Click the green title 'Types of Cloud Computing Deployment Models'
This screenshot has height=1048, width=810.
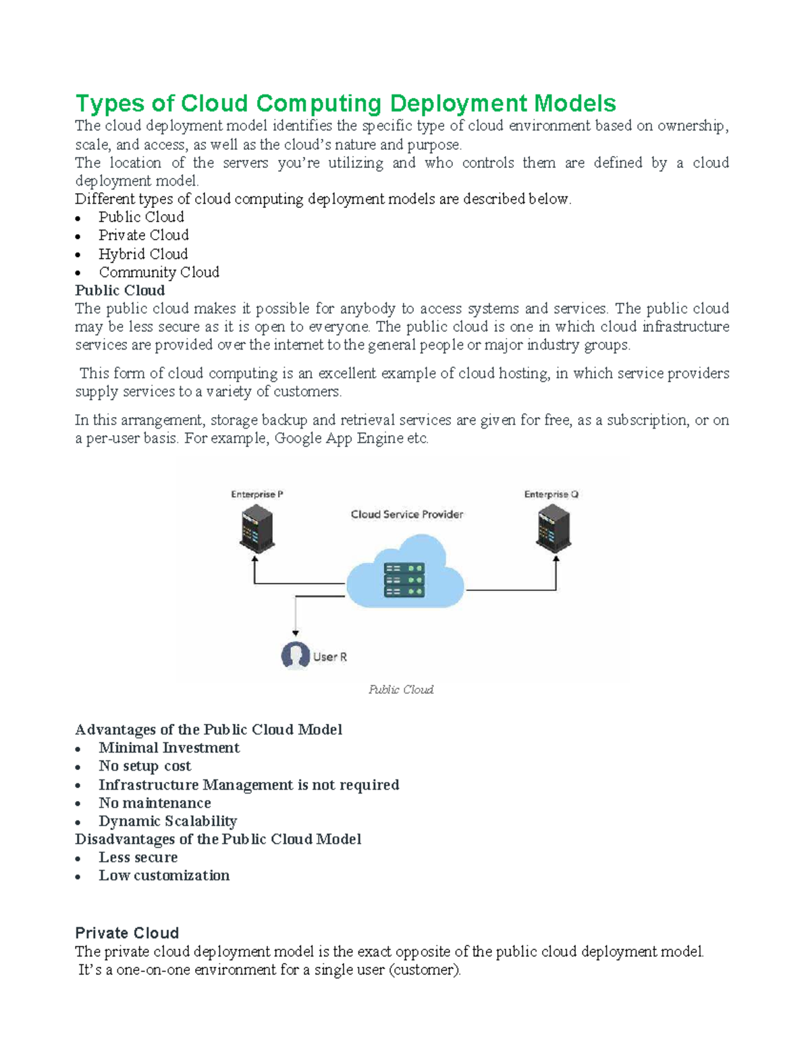point(345,103)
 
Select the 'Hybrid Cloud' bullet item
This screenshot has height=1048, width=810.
point(143,254)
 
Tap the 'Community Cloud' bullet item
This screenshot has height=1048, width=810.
point(159,272)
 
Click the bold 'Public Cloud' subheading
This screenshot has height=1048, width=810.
point(119,290)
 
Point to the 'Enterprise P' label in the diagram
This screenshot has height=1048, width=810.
point(256,495)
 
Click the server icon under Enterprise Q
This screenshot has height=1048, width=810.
point(553,530)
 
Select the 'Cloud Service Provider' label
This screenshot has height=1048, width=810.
point(406,514)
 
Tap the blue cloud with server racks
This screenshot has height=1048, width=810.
point(405,574)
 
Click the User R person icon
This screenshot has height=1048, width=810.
point(295,655)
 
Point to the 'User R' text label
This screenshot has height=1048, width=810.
point(329,657)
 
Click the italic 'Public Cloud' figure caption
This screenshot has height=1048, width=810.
point(401,690)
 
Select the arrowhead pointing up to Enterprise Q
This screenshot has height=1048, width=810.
point(556,559)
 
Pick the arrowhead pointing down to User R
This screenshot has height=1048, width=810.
point(296,633)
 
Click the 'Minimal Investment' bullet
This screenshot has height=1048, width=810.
point(169,748)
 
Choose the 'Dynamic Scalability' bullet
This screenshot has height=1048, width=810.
point(167,821)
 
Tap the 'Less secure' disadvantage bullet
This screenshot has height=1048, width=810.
point(138,857)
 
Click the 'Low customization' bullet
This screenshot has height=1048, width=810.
point(164,875)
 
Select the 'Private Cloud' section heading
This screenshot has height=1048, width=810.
point(127,933)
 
